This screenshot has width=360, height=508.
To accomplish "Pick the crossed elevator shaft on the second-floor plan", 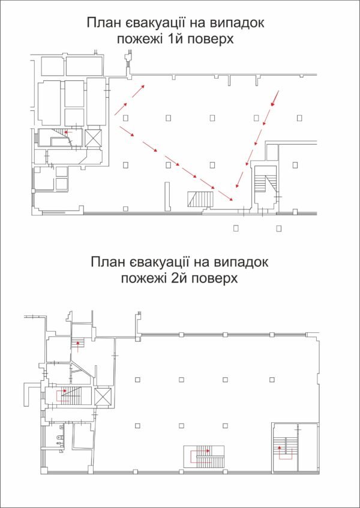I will tap(103, 397).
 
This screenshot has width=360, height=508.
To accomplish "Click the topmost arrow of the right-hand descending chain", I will tap(275, 98).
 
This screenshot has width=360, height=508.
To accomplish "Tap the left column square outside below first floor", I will tap(236, 227).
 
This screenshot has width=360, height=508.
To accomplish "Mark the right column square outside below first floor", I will tap(278, 227).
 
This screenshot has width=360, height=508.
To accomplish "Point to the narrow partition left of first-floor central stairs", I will tap(166, 196).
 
